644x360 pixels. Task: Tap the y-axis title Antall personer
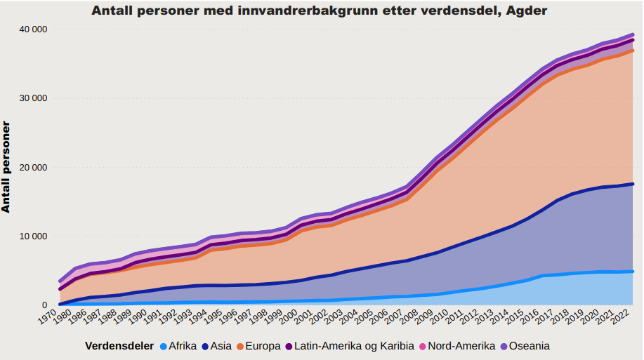tap(6, 166)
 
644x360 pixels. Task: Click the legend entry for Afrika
tap(177, 346)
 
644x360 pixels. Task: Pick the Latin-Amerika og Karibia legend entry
tap(348, 346)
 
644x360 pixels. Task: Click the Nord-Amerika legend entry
tap(456, 346)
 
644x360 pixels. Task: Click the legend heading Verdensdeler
tap(119, 346)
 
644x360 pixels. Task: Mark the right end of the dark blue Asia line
tap(633, 184)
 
